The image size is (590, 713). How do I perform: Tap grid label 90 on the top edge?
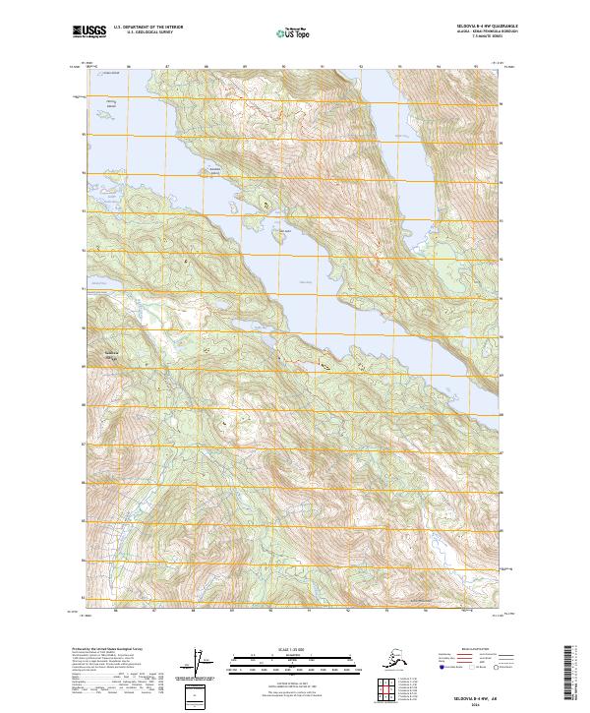point(283,69)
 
